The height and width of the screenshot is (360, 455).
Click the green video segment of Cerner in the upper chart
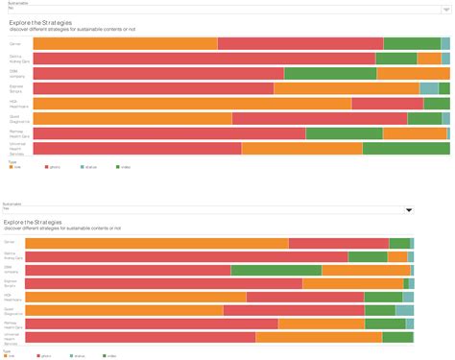click(x=412, y=43)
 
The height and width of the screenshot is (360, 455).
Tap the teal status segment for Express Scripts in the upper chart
click(x=429, y=88)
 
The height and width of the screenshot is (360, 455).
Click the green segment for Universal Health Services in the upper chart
click(x=406, y=148)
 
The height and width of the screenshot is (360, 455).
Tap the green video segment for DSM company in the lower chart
click(x=275, y=270)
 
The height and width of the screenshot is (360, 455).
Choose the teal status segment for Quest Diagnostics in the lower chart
click(x=404, y=310)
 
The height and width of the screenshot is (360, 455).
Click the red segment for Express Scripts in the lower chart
click(x=352, y=283)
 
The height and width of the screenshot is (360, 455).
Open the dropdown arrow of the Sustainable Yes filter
click(x=409, y=209)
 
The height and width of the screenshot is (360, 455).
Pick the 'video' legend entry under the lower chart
click(x=111, y=355)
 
